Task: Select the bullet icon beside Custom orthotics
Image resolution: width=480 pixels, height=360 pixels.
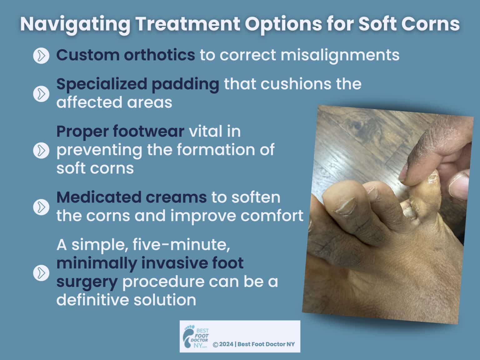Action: tap(41, 56)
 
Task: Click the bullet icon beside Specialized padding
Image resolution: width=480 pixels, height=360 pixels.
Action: tap(41, 94)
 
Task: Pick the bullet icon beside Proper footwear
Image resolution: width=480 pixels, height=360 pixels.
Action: tap(41, 150)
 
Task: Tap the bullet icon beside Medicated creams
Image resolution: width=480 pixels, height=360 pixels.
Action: tap(41, 207)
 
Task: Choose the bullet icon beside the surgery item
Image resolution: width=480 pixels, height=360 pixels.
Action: tap(41, 273)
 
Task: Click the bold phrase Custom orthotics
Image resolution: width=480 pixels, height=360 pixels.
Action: tap(126, 55)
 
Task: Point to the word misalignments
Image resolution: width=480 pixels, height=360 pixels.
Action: tap(340, 55)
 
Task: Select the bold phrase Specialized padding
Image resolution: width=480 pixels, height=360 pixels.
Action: tap(137, 84)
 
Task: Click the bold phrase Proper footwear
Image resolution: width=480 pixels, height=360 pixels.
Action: tap(120, 131)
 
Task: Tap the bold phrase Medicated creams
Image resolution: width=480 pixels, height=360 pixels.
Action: tap(131, 197)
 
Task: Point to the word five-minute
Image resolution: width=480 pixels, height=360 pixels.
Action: tap(182, 245)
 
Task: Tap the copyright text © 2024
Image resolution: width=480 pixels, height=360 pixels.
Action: tap(223, 344)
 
